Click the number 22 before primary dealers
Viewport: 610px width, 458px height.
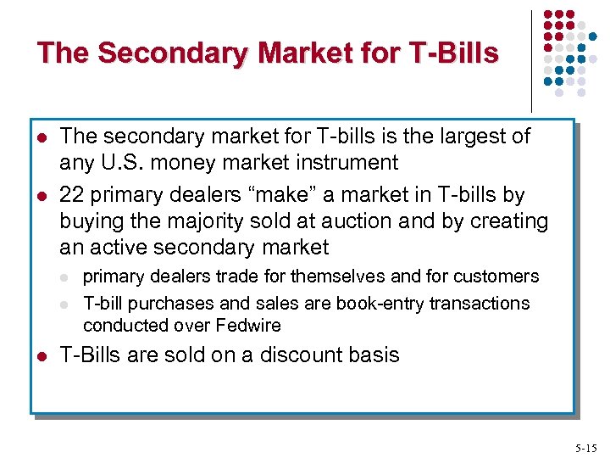(x=72, y=195)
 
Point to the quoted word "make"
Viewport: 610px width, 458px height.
(x=271, y=195)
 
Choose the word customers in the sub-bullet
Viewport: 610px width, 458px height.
(x=498, y=276)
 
